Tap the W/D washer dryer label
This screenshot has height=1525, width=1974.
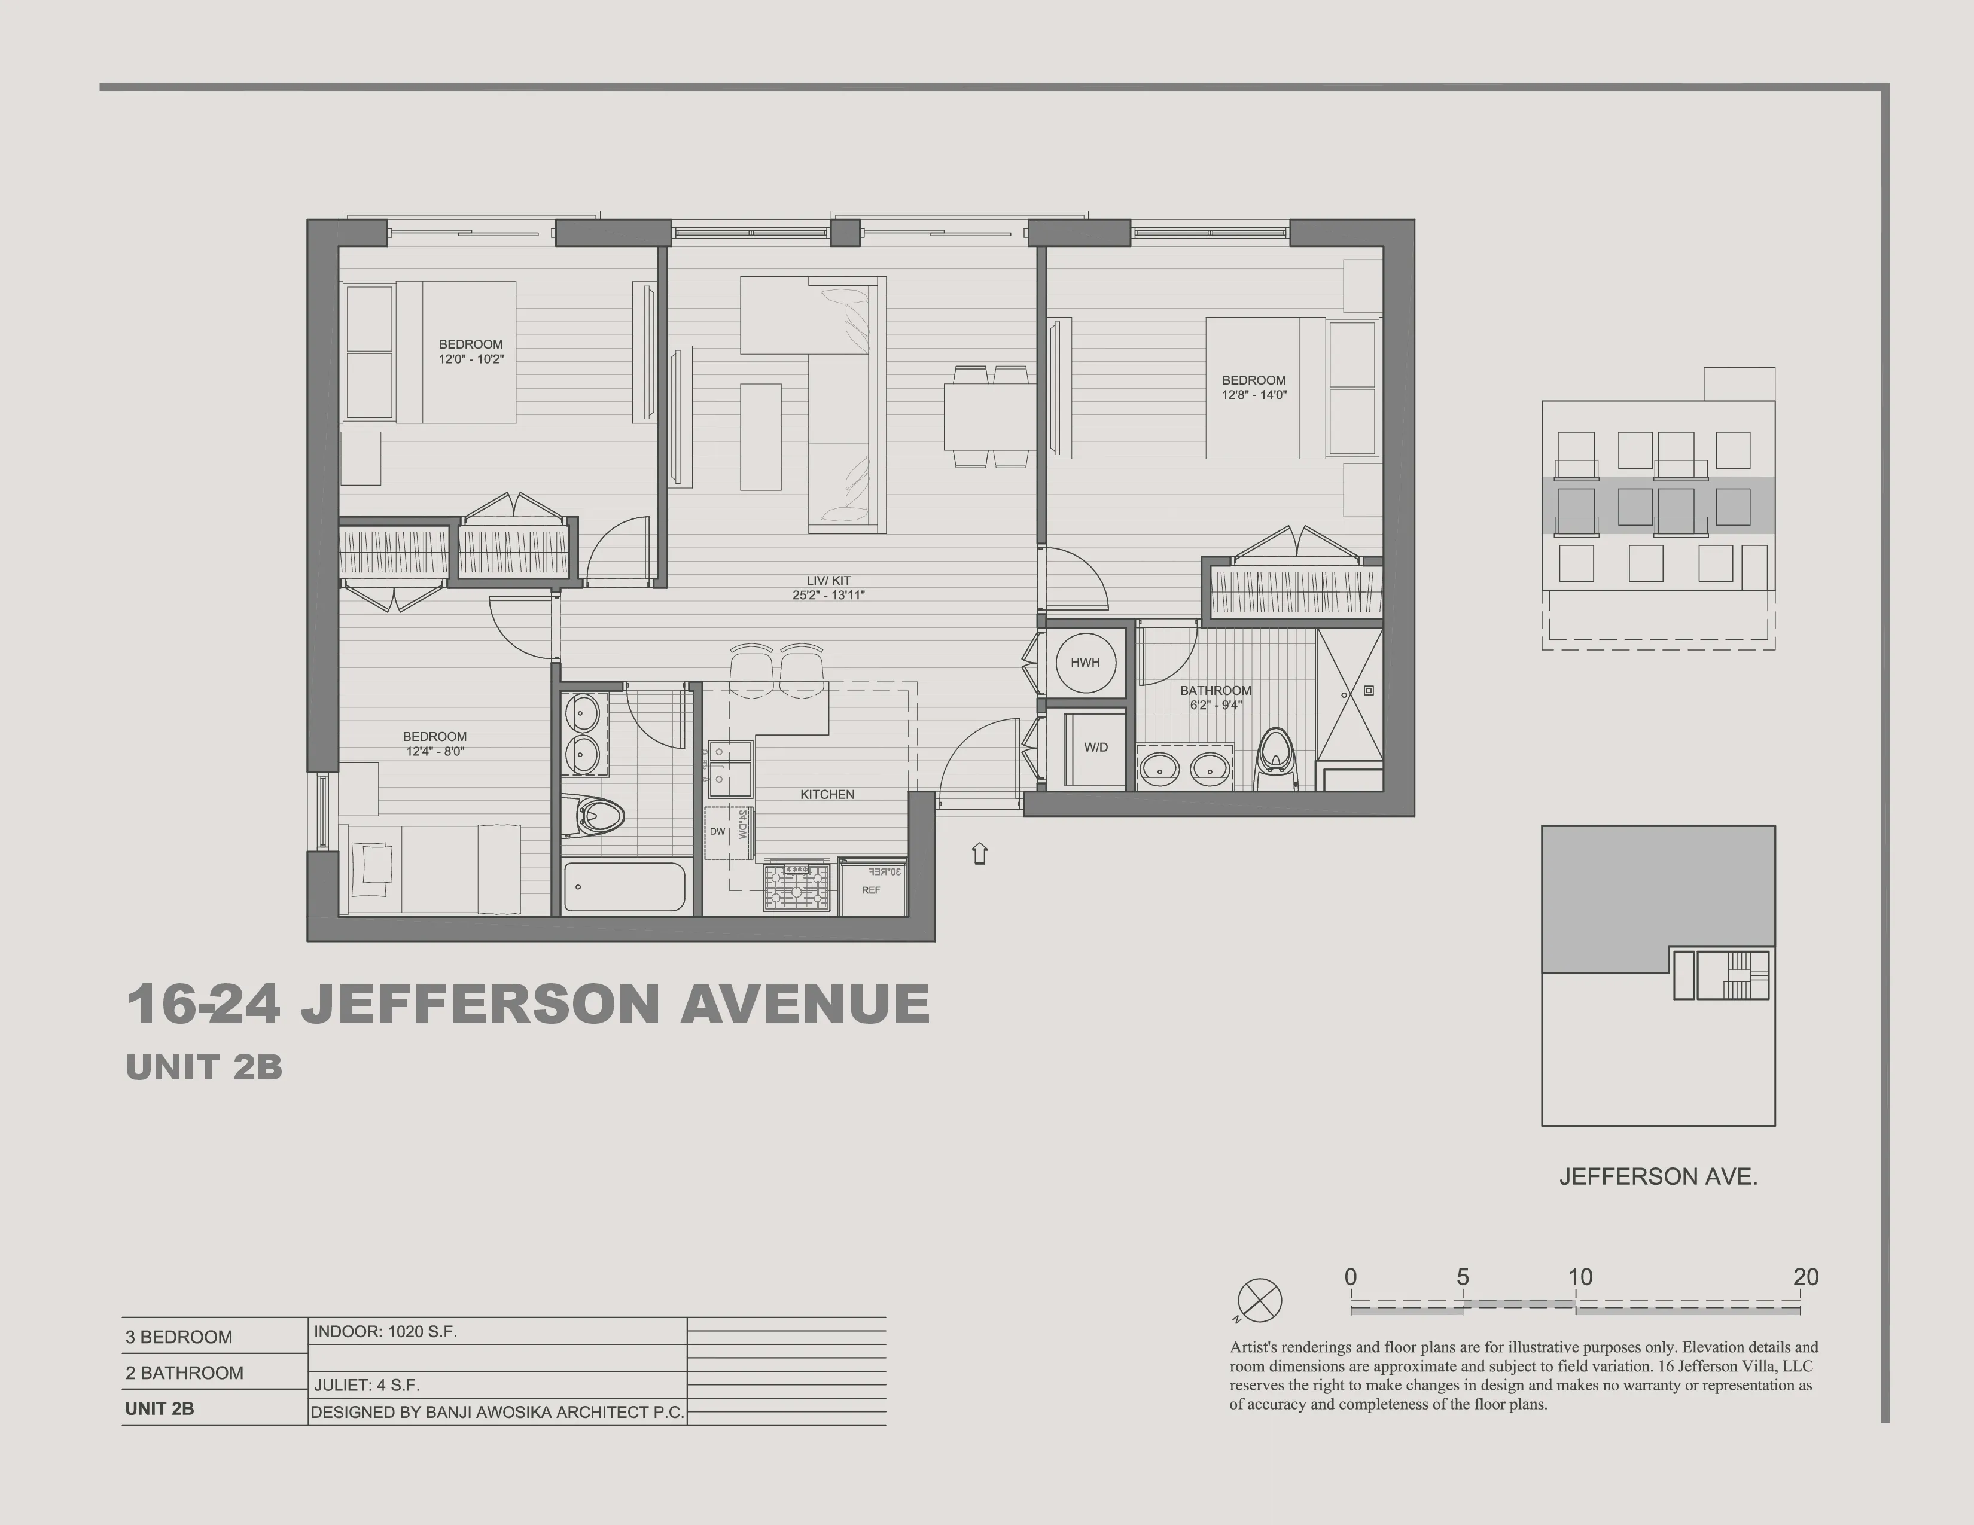tap(1095, 747)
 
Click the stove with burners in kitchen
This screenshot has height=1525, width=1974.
tap(796, 886)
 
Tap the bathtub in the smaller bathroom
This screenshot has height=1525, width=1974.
tap(624, 887)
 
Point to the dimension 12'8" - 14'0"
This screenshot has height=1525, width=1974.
tap(1254, 395)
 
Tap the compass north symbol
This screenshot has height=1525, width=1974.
tap(1259, 1301)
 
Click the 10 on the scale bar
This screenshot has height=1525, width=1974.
tap(1580, 1277)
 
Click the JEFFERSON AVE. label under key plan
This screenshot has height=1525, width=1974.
tap(1658, 1176)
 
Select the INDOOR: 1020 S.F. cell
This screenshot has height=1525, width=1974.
tap(386, 1332)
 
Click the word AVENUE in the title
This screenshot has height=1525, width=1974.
tap(805, 1005)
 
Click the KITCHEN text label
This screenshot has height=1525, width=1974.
tap(827, 794)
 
